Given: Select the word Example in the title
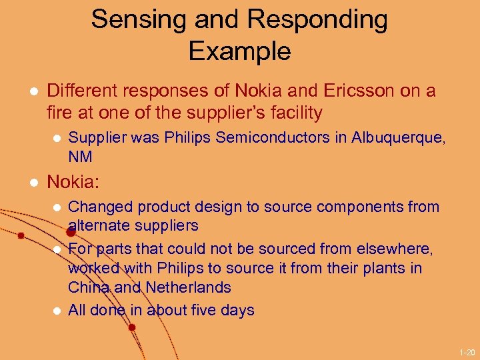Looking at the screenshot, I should click(x=239, y=51).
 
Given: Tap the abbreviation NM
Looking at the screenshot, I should click(x=80, y=157).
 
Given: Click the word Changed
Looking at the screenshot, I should click(x=96, y=207).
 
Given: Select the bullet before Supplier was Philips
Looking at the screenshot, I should click(x=57, y=138).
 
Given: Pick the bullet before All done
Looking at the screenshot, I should click(x=57, y=311).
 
